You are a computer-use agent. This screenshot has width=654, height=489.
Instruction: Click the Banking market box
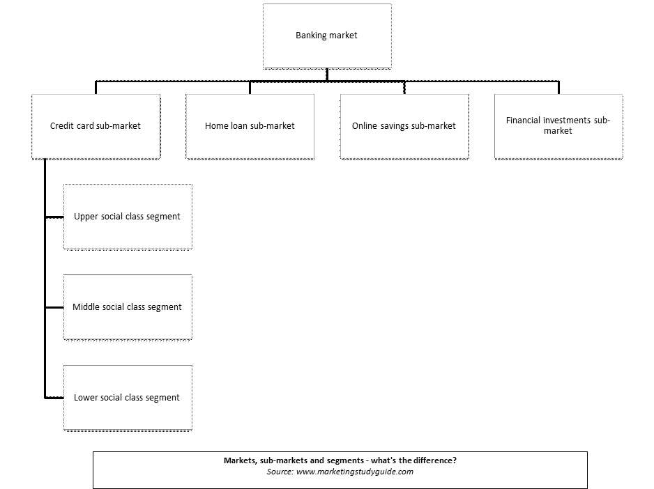point(327,36)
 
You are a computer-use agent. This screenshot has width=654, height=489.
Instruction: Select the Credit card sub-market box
point(96,127)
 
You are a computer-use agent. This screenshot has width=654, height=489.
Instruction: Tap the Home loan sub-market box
point(250,127)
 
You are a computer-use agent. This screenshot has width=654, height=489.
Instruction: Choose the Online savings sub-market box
point(404,127)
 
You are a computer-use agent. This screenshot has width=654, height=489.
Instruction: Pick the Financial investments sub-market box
point(558,127)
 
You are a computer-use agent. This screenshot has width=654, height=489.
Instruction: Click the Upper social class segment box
point(128,217)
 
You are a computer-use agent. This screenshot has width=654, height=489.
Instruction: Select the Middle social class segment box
point(128,307)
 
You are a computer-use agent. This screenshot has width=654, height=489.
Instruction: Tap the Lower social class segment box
point(128,398)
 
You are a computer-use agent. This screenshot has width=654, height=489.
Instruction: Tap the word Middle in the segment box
point(86,306)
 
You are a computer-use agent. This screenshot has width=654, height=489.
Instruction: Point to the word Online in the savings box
point(365,126)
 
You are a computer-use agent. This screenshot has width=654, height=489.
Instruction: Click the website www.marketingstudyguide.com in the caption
point(354,472)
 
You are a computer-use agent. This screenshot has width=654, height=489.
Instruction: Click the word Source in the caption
point(280,472)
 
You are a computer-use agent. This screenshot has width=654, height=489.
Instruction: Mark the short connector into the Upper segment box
point(54,217)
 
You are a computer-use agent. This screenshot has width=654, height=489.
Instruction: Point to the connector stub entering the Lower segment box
point(54,398)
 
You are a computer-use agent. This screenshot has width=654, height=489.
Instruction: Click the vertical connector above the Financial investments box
point(558,88)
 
